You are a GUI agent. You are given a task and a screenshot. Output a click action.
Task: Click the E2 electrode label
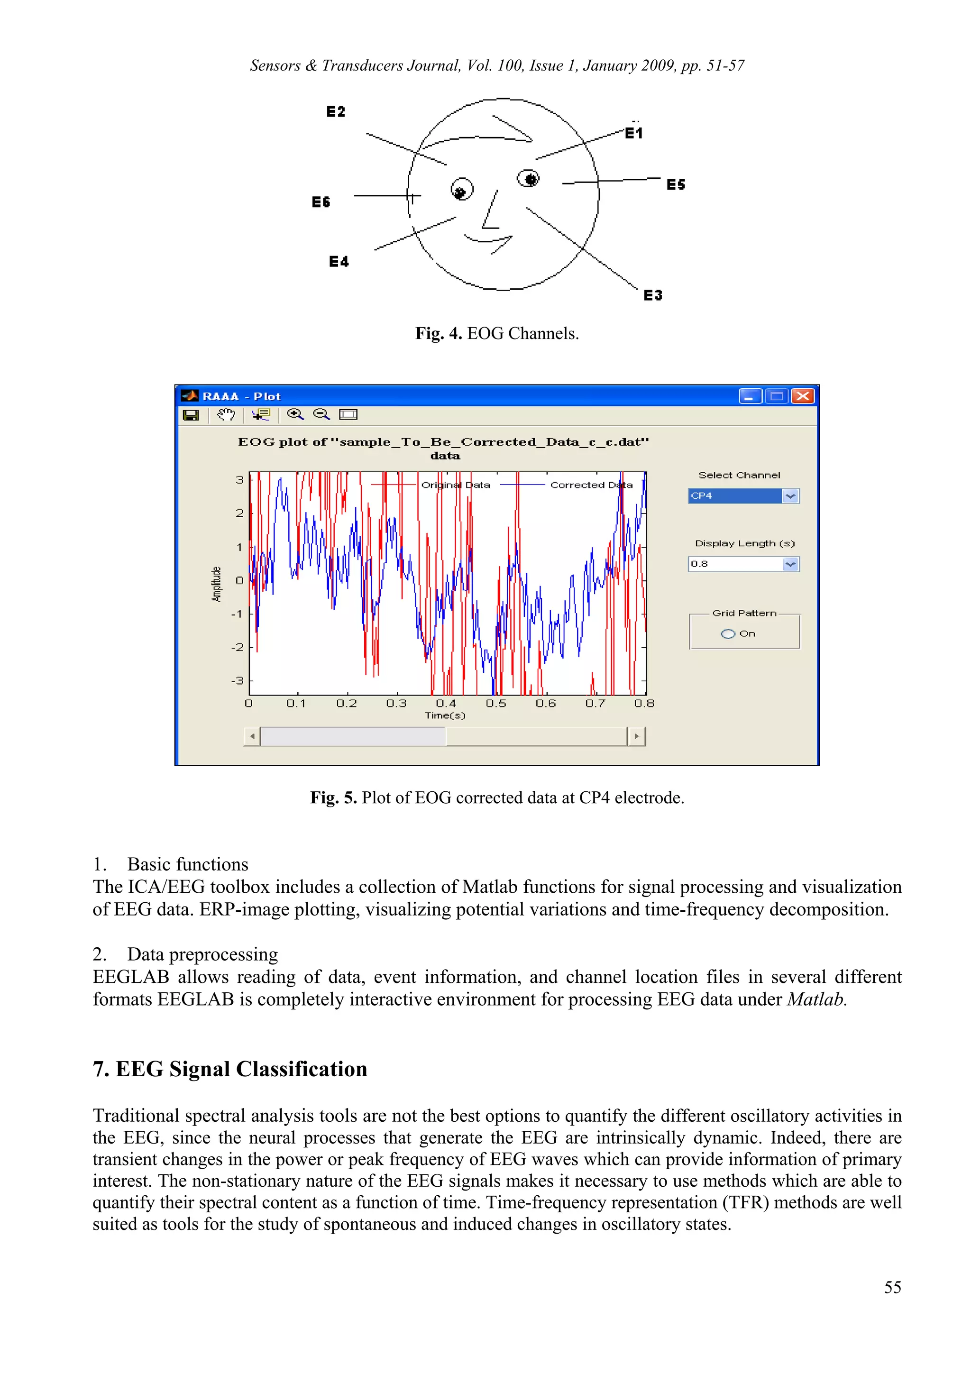click(x=336, y=112)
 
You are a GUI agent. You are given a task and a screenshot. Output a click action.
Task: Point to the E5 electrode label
click(x=676, y=184)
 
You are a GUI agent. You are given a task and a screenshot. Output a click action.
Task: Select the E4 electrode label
click(x=339, y=262)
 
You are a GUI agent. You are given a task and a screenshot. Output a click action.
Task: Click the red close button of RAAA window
click(x=802, y=396)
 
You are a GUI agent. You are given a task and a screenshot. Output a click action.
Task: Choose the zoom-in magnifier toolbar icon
click(x=295, y=414)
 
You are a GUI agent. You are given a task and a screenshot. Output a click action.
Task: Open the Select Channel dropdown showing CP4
click(x=790, y=496)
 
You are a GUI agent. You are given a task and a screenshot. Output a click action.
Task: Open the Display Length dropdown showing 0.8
click(x=790, y=564)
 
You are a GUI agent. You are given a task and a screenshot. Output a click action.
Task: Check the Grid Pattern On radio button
click(x=727, y=634)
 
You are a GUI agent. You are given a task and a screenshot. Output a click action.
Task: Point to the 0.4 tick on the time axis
click(x=446, y=704)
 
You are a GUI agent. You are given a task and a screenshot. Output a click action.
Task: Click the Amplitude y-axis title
click(x=217, y=584)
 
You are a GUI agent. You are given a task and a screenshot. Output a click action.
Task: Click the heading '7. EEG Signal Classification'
click(x=230, y=1070)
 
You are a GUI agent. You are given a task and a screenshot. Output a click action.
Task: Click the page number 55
click(x=892, y=1287)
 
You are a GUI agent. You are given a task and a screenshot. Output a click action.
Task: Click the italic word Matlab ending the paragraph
click(x=815, y=999)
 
